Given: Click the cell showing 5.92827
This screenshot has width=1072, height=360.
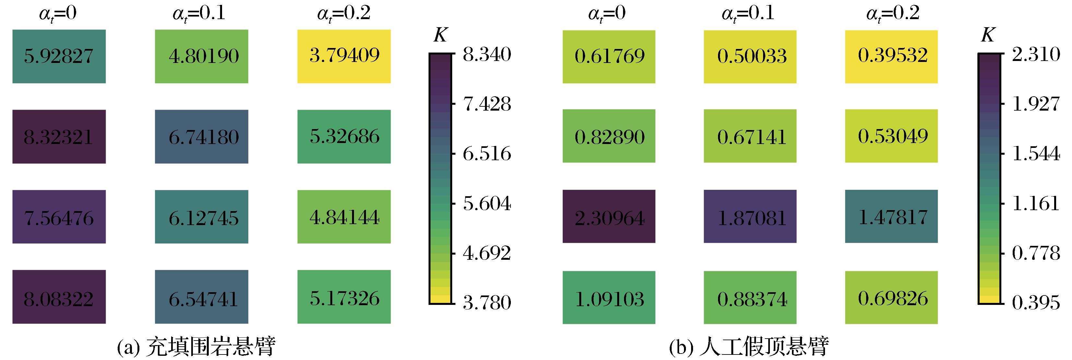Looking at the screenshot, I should click(x=59, y=56).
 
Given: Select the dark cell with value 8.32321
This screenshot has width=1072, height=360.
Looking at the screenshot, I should click(x=59, y=137).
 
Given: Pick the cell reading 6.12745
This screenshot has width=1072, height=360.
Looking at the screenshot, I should click(x=201, y=217).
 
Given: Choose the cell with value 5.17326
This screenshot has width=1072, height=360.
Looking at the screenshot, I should click(x=344, y=297).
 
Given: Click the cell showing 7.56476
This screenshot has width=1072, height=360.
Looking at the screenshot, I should click(x=59, y=217).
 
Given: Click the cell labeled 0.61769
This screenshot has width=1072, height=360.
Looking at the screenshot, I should click(x=609, y=56).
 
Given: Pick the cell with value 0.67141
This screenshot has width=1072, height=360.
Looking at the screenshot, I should click(x=750, y=136).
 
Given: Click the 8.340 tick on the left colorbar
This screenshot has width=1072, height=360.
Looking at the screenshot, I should click(x=487, y=54).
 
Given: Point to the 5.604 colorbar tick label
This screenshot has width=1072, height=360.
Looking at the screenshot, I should click(x=487, y=204).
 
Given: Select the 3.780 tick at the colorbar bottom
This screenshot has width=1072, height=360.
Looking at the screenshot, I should click(x=487, y=303).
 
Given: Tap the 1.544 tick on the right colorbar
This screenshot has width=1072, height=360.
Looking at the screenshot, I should click(x=1036, y=154).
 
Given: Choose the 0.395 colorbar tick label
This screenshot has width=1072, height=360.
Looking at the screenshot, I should click(x=1036, y=303).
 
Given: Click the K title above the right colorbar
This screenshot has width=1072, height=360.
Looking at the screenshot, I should click(x=987, y=36).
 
